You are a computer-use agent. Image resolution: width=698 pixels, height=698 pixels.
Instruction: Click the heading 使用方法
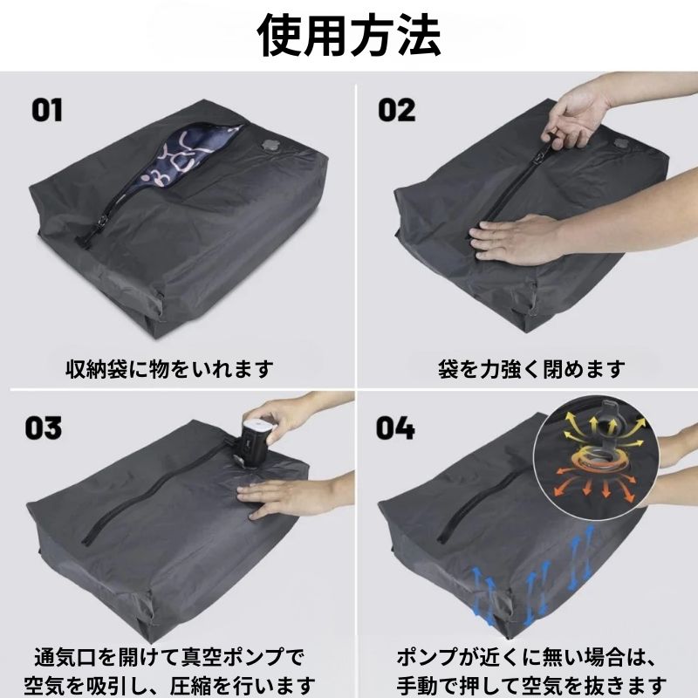coord(348,36)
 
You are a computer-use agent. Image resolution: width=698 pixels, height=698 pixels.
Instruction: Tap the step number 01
coord(47,111)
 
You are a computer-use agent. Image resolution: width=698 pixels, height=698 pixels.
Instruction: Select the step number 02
coord(396,111)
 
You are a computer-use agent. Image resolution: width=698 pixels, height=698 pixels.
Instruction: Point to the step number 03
coord(43,428)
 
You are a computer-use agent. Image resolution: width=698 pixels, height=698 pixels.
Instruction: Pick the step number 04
coord(395,428)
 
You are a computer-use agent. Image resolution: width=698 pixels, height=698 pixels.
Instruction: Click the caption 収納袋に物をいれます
coord(169,369)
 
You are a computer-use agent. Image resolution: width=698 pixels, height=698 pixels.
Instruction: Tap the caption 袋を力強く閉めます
coord(531,369)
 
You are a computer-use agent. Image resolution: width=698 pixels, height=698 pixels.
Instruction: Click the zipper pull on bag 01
coord(102,222)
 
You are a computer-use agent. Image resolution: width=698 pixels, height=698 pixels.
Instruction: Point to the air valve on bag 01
coord(270,145)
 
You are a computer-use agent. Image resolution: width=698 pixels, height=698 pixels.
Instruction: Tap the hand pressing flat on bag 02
coord(517,239)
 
